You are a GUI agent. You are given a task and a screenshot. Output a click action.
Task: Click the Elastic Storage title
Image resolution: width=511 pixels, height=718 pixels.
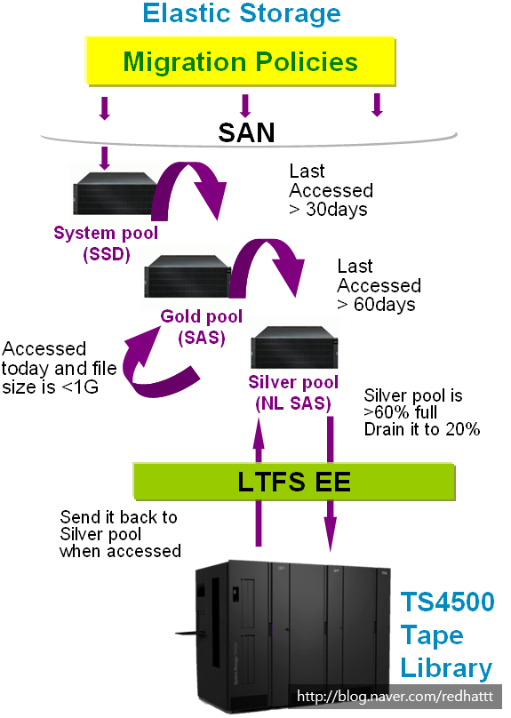pos(242,14)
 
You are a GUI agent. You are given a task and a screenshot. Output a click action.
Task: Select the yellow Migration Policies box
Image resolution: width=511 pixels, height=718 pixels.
pos(241,63)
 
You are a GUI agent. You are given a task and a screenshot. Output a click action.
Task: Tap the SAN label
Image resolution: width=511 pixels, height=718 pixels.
pos(246,133)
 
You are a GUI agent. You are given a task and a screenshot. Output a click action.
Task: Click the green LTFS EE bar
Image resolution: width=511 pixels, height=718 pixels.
pos(293,483)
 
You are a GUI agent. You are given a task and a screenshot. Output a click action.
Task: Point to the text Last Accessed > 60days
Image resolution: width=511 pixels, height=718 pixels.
pos(379,285)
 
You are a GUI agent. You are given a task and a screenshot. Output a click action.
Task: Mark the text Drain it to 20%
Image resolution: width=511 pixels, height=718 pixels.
pos(422,429)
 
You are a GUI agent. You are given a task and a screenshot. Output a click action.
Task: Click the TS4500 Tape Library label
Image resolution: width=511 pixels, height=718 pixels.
pos(445,634)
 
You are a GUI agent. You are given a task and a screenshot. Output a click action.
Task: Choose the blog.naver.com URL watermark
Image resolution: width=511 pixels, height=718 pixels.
pos(395,697)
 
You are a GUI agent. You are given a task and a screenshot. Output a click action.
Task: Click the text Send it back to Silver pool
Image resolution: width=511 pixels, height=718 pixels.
pos(119,533)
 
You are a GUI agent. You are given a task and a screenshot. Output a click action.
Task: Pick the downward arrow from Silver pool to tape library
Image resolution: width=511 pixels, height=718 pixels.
pos(330,480)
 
